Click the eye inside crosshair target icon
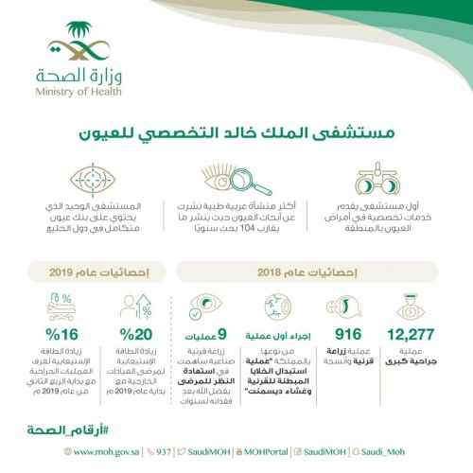click(x=96, y=179)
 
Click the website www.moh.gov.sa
click(x=90, y=453)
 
